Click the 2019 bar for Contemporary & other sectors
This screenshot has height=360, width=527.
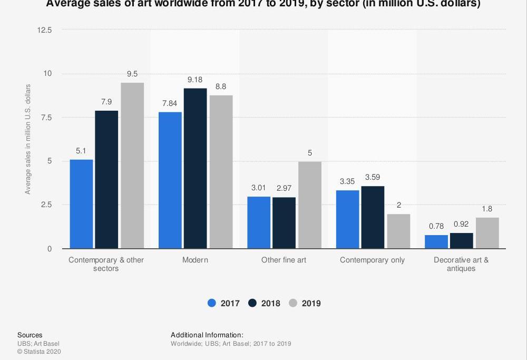pyautogui.click(x=132, y=166)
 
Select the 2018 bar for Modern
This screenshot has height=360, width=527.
pyautogui.click(x=196, y=168)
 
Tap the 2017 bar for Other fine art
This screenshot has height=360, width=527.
pyautogui.click(x=259, y=222)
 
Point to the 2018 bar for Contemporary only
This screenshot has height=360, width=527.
pyautogui.click(x=373, y=217)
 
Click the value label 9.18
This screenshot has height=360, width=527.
pyautogui.click(x=196, y=80)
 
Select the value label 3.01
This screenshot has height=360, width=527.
pyautogui.click(x=259, y=188)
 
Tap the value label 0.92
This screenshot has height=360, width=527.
pyautogui.click(x=461, y=224)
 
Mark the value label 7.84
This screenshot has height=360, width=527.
pyautogui.click(x=170, y=103)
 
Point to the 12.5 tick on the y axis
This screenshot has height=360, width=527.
pyautogui.click(x=45, y=30)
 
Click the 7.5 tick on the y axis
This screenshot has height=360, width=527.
pyautogui.click(x=46, y=118)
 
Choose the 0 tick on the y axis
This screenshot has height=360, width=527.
pyautogui.click(x=50, y=249)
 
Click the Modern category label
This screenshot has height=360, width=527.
pyautogui.click(x=195, y=260)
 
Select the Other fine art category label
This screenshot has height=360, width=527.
pyautogui.click(x=284, y=260)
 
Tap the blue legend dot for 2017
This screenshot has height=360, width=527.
pyautogui.click(x=212, y=303)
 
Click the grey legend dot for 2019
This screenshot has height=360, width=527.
pyautogui.click(x=293, y=303)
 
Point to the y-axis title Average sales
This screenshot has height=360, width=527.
pyautogui.click(x=28, y=139)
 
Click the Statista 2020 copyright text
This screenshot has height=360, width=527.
pyautogui.click(x=39, y=352)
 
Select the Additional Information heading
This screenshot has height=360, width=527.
pyautogui.click(x=207, y=335)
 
